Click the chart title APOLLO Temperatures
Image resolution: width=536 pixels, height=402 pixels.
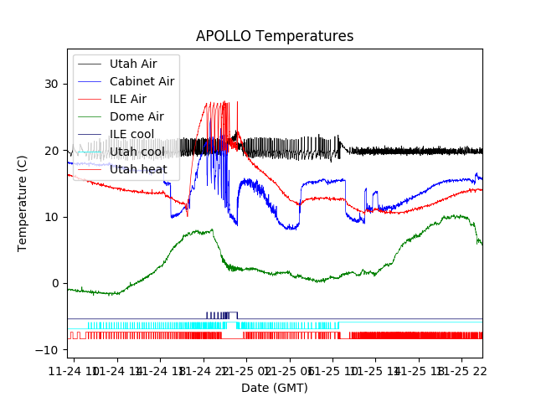pyautogui.click(x=275, y=36)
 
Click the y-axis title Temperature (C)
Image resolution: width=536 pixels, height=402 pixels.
pyautogui.click(x=23, y=204)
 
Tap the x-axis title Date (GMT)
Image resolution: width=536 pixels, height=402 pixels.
pyautogui.click(x=275, y=388)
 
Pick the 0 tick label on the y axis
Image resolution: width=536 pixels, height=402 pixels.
pyautogui.click(x=56, y=283)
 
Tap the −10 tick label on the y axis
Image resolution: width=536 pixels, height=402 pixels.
pyautogui.click(x=49, y=349)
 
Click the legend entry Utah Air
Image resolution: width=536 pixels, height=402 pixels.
pyautogui.click(x=132, y=64)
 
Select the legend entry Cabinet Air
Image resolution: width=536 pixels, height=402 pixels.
pyautogui.click(x=142, y=81)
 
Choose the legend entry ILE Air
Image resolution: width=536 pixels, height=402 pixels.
pyautogui.click(x=128, y=99)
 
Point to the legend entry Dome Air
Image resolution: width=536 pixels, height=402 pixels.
pyautogui.click(x=137, y=116)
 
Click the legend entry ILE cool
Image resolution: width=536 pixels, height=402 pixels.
pyautogui.click(x=131, y=134)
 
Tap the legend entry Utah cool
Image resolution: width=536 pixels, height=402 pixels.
pyautogui.click(x=137, y=152)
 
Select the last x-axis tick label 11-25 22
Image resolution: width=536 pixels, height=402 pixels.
pyautogui.click(x=463, y=371)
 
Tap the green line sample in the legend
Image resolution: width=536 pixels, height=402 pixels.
pyautogui.click(x=90, y=81)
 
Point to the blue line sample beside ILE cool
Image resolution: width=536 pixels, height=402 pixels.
pyautogui.click(x=90, y=134)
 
